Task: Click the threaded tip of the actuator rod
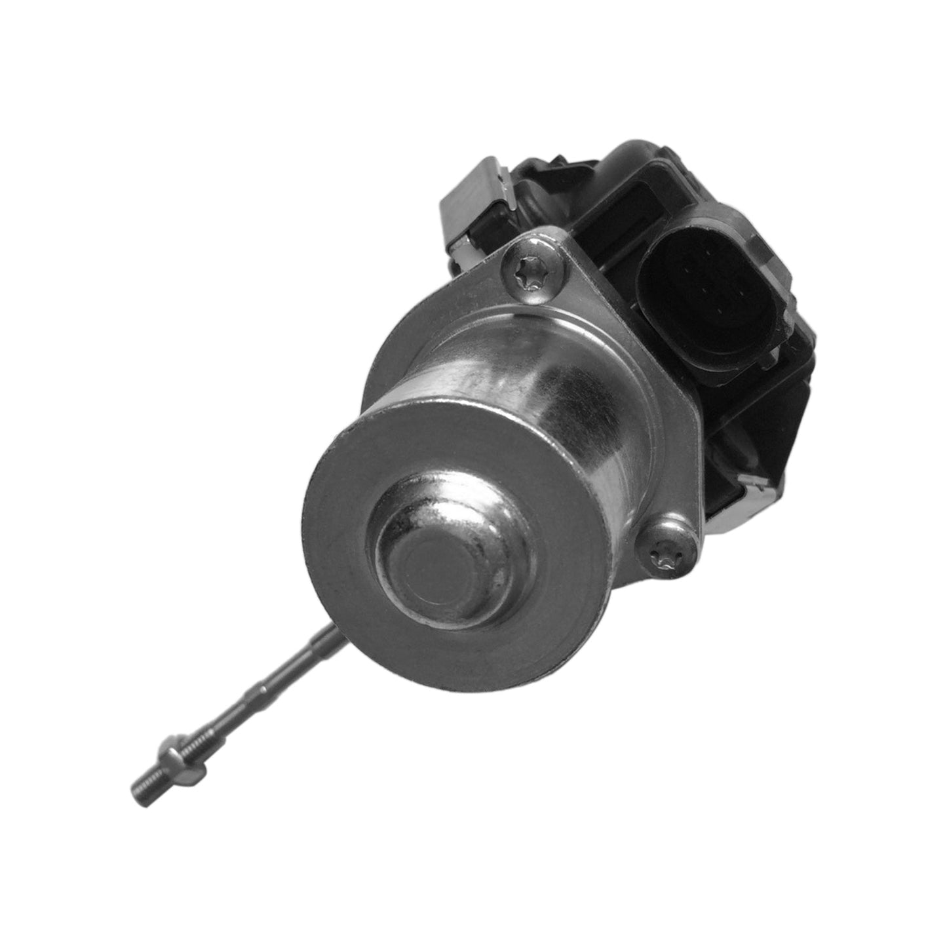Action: pos(141,783)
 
